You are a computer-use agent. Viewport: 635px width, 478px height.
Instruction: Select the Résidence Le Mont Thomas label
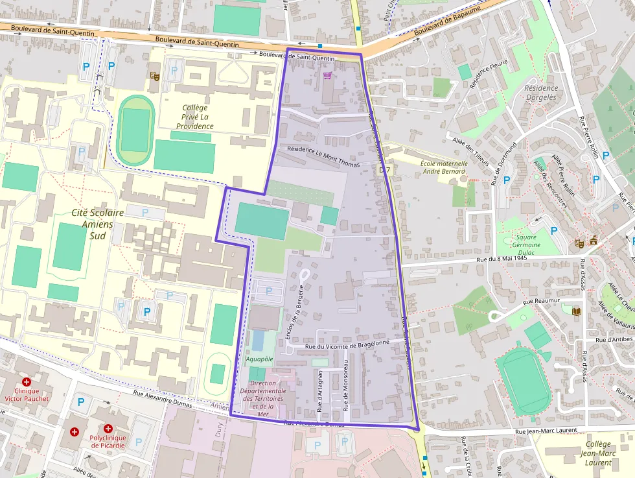(x=323, y=156)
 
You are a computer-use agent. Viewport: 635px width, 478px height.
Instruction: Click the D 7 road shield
(x=384, y=169)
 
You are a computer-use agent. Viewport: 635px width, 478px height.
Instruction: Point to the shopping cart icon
(x=327, y=75)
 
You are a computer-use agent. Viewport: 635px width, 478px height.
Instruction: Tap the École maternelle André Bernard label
(x=443, y=167)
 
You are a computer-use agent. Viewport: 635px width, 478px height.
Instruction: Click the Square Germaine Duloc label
(x=525, y=241)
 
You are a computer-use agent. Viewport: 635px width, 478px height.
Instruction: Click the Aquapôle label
(x=259, y=359)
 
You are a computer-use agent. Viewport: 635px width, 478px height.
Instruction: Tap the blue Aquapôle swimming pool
(x=259, y=340)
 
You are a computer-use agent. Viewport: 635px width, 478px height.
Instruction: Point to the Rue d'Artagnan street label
(x=319, y=390)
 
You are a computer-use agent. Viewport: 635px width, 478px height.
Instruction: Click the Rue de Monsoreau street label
(x=345, y=386)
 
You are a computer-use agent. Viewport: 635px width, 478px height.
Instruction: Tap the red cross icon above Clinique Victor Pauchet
(x=27, y=383)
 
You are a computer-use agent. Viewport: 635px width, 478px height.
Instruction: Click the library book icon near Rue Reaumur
(x=577, y=311)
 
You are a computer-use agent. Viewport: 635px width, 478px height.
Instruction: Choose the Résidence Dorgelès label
(x=540, y=93)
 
